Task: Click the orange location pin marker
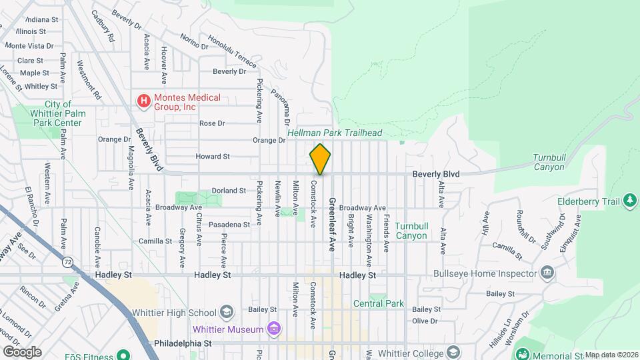coord(320,159)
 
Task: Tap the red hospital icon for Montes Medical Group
coord(143,101)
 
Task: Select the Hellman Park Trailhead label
coord(335,133)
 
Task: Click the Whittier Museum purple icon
coord(273,329)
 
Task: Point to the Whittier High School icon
coord(227,313)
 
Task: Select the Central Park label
coord(378,303)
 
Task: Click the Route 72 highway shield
coord(67,262)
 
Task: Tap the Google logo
coord(21,352)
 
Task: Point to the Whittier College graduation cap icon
coord(453,351)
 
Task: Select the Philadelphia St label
coord(183,343)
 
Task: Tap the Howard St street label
coord(212,157)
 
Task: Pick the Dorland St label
coord(229,191)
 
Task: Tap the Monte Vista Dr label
coord(29,45)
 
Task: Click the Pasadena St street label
coord(229,225)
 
